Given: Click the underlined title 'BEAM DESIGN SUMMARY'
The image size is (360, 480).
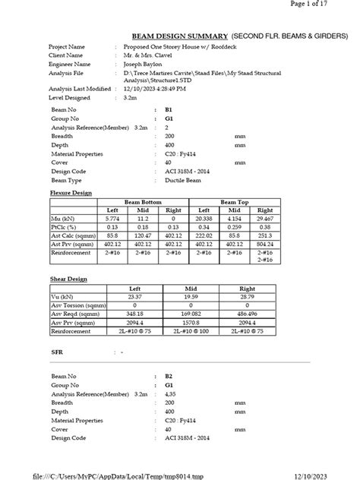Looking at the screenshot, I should coord(179,36).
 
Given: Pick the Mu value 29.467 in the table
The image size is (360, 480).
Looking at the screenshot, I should coord(265,218).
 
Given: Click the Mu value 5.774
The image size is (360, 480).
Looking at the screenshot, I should coord(112,218).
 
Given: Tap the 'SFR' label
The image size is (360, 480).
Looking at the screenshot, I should coord(57,353).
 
